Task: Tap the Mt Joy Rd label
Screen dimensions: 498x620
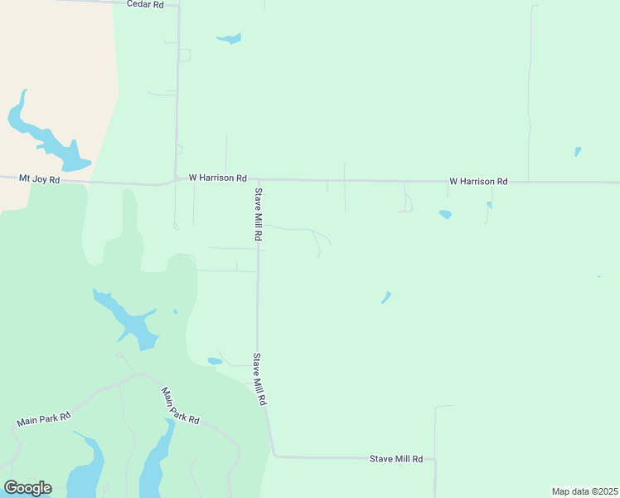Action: pos(39,178)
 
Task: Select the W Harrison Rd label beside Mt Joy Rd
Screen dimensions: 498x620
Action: pos(218,178)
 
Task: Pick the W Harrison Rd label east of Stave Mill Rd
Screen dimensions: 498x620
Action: pos(478,180)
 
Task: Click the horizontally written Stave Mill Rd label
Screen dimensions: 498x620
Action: pos(396,458)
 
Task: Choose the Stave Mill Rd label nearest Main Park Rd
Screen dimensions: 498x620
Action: pos(259,379)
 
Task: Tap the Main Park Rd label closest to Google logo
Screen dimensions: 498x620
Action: pos(44,420)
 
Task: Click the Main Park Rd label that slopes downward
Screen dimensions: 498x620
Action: pos(181,406)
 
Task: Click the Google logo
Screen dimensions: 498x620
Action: pos(27,488)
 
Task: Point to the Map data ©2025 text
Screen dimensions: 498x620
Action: pos(585,491)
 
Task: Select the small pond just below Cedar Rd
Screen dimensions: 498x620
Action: pos(229,38)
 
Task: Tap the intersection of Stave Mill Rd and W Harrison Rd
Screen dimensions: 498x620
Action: pos(259,179)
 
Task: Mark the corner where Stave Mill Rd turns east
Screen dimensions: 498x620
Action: pos(274,456)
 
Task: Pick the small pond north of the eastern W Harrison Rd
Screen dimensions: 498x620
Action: pos(578,152)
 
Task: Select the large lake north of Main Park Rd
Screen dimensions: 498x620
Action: pos(128,320)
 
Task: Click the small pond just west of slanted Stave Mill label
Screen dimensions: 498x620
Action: pos(215,361)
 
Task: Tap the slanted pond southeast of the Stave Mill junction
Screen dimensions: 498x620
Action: pos(386,297)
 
